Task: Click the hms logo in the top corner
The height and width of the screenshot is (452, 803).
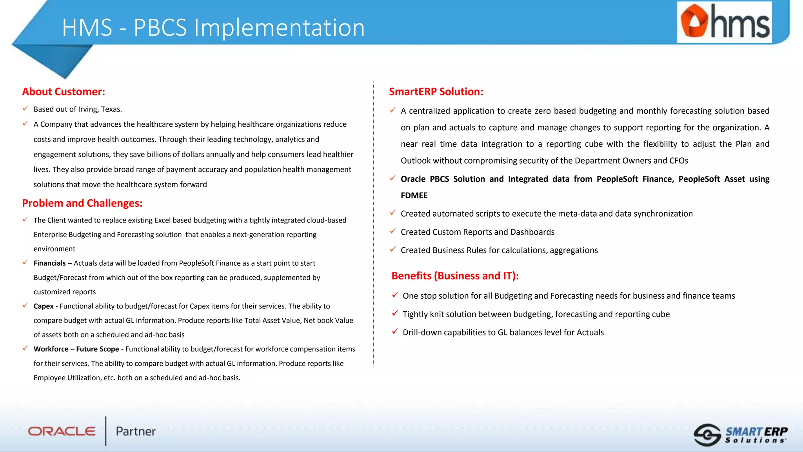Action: click(x=724, y=22)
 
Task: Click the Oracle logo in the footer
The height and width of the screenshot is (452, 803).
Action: click(x=62, y=431)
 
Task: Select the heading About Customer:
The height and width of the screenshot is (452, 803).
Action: click(x=64, y=92)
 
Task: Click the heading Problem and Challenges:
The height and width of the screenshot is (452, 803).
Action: click(x=82, y=203)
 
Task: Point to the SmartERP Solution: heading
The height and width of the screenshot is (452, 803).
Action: click(x=436, y=92)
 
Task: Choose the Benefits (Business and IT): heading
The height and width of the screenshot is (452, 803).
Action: click(x=455, y=276)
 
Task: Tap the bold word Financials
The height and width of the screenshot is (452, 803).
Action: click(x=49, y=263)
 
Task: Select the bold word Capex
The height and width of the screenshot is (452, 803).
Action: click(x=44, y=306)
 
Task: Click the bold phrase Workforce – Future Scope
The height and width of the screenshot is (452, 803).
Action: click(x=76, y=349)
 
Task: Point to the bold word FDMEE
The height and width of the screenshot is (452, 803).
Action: click(x=414, y=195)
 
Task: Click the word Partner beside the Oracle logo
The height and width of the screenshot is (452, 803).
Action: click(x=136, y=432)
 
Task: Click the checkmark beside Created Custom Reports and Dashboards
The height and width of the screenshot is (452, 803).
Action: click(x=393, y=231)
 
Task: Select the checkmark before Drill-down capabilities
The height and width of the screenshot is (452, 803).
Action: click(x=395, y=332)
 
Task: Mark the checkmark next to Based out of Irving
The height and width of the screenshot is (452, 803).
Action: click(x=25, y=108)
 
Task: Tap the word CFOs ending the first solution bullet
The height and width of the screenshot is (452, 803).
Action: click(x=678, y=161)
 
